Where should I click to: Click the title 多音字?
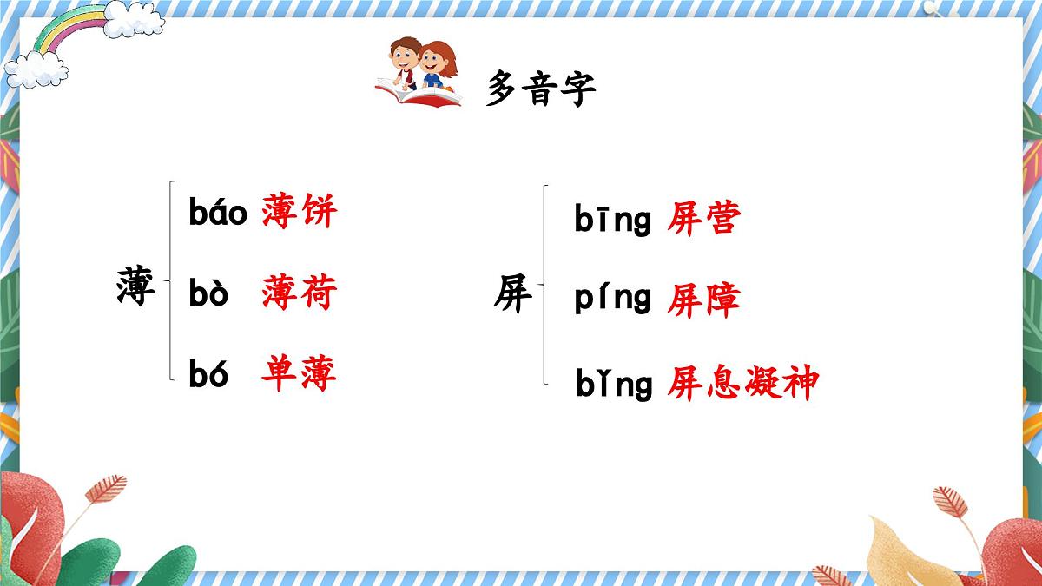coord(541,89)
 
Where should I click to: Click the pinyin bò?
coord(208,295)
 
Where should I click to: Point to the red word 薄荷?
coord(299,294)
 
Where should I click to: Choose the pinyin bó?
coord(208,374)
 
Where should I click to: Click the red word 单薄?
coord(299,374)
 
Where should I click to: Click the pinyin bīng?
coord(613,221)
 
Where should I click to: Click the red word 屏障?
coord(703,300)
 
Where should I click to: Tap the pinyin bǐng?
coord(614,384)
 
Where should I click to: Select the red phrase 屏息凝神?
coord(742,383)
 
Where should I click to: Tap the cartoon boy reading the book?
coord(404,63)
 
